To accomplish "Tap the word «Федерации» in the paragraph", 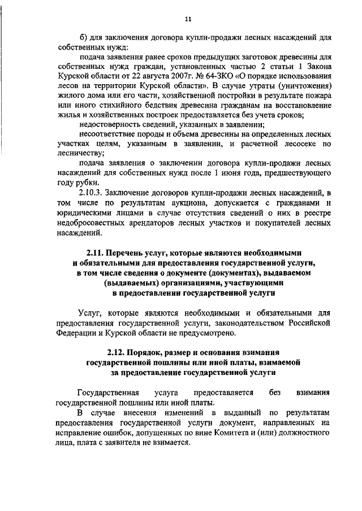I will [72, 333].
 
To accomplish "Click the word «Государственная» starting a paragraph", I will [107, 392].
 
